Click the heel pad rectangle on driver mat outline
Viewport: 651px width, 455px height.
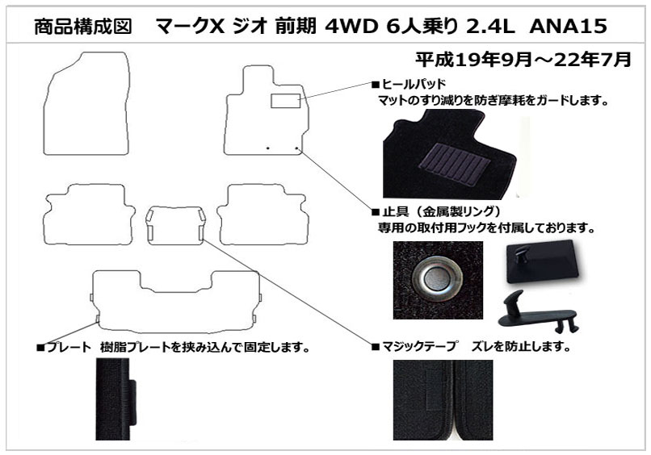pyautogui.click(x=285, y=102)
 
